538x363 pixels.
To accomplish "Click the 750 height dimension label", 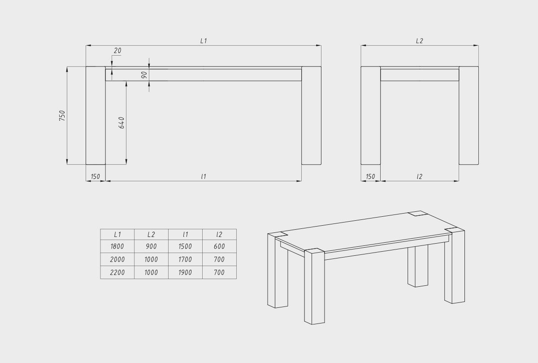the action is (62, 116).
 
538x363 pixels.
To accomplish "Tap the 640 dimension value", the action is (122, 122).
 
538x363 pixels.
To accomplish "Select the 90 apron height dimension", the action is (144, 75).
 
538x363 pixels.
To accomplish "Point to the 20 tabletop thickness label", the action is (117, 51).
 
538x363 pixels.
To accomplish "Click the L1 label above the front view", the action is (204, 41).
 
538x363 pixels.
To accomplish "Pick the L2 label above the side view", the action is (419, 41).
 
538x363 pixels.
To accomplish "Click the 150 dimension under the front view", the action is (95, 177).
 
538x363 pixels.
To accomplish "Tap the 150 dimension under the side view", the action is (370, 177).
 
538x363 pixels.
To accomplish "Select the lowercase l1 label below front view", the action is (204, 177).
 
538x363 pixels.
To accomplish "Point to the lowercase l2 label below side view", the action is (419, 177).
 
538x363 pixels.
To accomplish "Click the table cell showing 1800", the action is (117, 246).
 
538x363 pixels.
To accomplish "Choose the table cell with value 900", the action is (152, 246).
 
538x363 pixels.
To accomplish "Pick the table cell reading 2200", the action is (117, 272).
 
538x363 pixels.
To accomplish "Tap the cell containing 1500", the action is (185, 246).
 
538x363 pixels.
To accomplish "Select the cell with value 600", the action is (219, 246).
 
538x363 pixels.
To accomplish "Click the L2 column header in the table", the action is (152, 234).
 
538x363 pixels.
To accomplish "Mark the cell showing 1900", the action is (185, 272).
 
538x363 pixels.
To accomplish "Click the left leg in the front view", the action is (95, 115).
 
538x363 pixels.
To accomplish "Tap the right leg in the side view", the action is (469, 115).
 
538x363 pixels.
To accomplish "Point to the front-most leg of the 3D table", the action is (314, 286).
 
